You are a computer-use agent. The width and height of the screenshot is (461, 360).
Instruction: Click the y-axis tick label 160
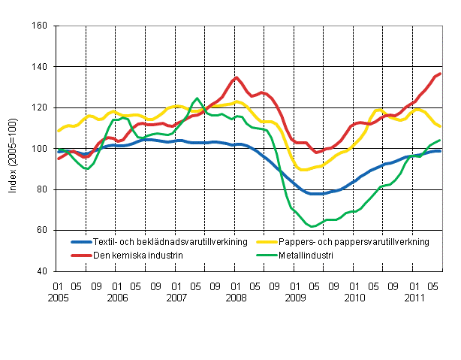tap(41, 26)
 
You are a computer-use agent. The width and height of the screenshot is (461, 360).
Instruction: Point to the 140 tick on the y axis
tap(41, 67)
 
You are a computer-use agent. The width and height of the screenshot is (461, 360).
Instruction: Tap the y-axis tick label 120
tap(41, 107)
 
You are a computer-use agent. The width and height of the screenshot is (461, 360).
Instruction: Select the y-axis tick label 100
tap(41, 149)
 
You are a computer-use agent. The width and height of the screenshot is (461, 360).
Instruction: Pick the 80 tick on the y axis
tap(43, 189)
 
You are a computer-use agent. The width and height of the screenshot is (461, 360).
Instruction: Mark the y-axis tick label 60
tap(43, 230)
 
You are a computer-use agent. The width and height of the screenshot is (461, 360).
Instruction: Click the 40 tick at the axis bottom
tap(43, 271)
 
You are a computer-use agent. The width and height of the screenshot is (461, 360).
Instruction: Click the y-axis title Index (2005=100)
tap(14, 149)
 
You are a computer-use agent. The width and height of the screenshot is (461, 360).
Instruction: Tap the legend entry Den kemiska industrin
tap(135, 255)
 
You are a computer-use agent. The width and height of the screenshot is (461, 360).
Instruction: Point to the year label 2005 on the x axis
tap(57, 297)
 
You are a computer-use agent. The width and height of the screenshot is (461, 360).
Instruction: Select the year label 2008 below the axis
tap(235, 297)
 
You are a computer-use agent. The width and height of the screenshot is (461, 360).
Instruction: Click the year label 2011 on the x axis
tap(412, 297)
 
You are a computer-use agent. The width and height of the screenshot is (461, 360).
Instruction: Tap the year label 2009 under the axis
tap(294, 297)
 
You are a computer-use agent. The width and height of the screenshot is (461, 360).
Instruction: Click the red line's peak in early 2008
tap(237, 77)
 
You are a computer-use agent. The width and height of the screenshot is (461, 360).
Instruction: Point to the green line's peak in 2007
tap(197, 98)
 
